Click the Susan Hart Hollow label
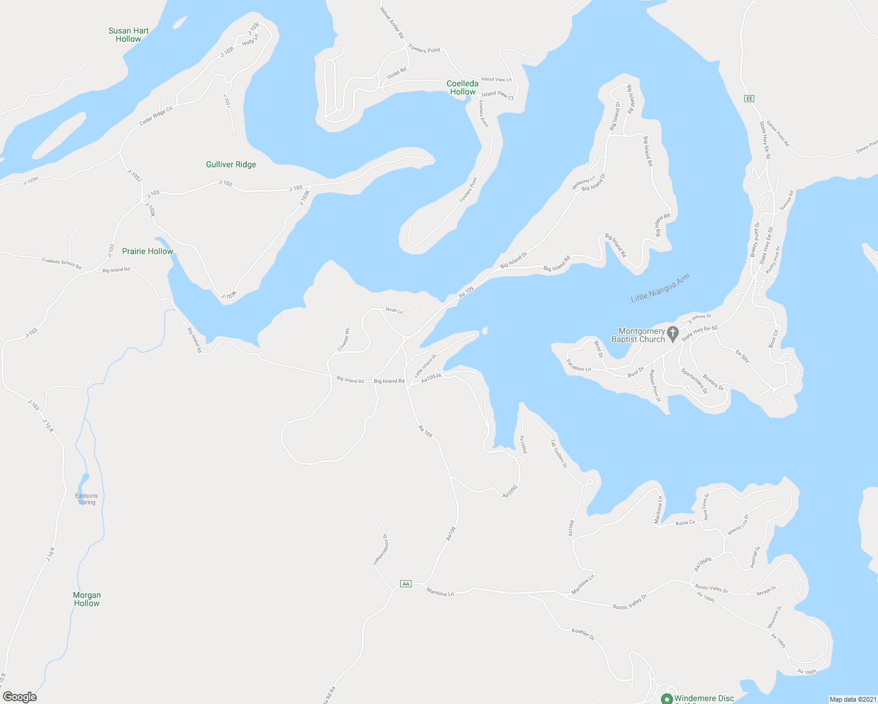click(x=129, y=35)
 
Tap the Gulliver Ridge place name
click(x=231, y=165)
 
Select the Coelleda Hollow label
click(x=462, y=87)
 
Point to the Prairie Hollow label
click(x=147, y=252)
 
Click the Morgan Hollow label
click(x=87, y=599)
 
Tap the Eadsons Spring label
click(x=86, y=499)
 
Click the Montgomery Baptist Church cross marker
click(x=673, y=332)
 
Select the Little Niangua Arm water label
click(x=660, y=289)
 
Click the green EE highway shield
click(x=749, y=99)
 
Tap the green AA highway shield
click(x=406, y=584)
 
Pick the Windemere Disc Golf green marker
click(x=667, y=698)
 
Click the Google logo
click(x=20, y=697)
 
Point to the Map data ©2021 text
click(x=852, y=699)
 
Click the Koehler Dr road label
click(x=583, y=634)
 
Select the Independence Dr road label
click(x=380, y=549)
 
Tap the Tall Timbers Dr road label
click(x=559, y=453)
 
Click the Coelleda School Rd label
click(x=62, y=263)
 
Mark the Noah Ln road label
click(x=394, y=310)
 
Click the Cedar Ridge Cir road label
click(x=156, y=115)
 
